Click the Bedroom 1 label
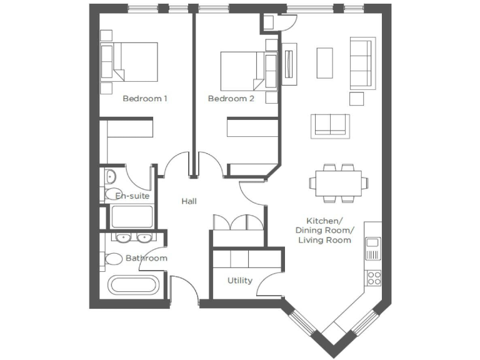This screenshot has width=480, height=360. click(145, 99)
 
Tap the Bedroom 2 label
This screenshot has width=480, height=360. click(231, 99)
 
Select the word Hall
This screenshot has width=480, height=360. click(189, 201)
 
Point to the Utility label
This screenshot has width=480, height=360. click(240, 281)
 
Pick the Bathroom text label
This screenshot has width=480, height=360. click(146, 258)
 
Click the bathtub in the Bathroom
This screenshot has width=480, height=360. click(134, 286)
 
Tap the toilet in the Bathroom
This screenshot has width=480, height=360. click(114, 258)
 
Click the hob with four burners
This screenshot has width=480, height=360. click(374, 277)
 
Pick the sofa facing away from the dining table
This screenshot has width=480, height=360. click(332, 125)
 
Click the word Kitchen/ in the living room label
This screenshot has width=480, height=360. click(324, 221)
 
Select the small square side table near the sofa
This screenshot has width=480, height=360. click(356, 99)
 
